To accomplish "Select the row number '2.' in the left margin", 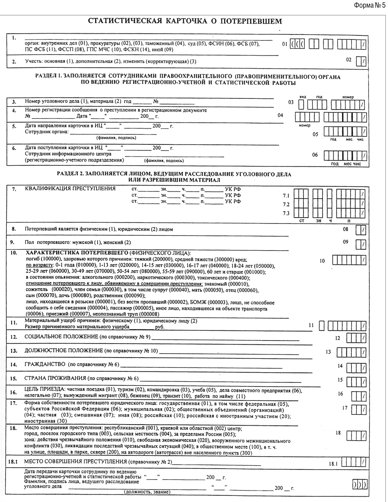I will click(x=14, y=62).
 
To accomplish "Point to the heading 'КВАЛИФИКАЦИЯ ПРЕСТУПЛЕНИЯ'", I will click(x=70, y=189).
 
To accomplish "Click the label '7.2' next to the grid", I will click(x=286, y=205).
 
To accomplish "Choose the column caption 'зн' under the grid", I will click(x=319, y=221).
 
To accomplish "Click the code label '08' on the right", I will click(x=345, y=229).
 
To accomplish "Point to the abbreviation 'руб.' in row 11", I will click(x=159, y=327).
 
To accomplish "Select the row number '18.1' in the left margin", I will click(x=13, y=462).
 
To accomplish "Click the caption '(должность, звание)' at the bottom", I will click(x=147, y=492).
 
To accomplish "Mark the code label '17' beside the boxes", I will click(x=345, y=408).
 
